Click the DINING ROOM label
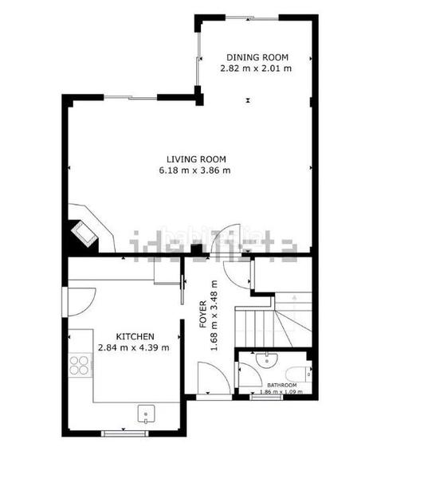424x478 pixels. point(257,57)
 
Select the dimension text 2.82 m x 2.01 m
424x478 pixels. point(257,69)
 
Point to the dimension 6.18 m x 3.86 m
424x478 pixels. point(194,170)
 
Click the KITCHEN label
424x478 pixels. point(134,336)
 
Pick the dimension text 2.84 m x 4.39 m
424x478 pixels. point(134,347)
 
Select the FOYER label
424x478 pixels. point(202,315)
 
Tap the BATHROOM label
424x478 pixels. point(281,385)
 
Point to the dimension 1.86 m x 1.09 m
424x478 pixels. point(281,392)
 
